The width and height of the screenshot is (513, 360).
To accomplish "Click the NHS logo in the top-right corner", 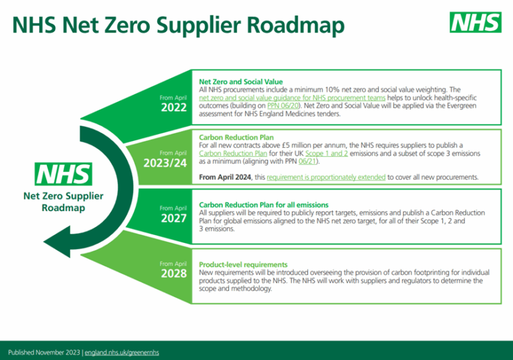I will coord(476,23).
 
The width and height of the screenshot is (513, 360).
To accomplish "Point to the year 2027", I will coord(174,218).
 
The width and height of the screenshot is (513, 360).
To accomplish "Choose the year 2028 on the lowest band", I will coord(174,274).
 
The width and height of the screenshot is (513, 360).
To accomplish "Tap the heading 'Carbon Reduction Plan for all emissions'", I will coord(263,204).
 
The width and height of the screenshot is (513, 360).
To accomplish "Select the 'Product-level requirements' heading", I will coord(243,264).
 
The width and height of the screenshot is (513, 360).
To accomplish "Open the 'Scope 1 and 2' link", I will coord(325,153).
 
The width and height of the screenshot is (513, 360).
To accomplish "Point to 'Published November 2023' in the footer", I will coord(43,352).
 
